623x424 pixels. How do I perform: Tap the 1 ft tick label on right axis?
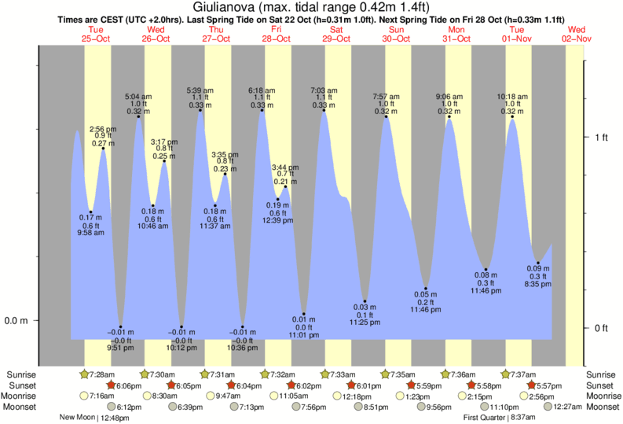tap(603, 138)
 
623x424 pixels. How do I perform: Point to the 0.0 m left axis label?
tap(16, 321)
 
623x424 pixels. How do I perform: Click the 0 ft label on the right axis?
tap(603, 328)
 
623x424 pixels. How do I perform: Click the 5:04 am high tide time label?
tap(138, 97)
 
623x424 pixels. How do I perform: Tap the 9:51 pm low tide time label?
tap(120, 345)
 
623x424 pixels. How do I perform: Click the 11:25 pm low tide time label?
tap(365, 323)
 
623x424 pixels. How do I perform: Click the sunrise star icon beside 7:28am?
tap(84, 374)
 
